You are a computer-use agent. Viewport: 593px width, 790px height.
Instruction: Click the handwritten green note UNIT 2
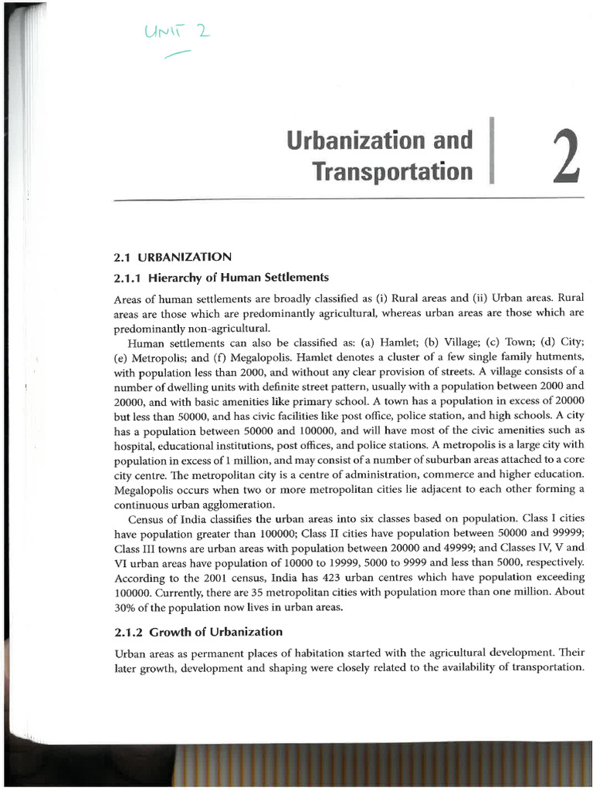tap(174, 32)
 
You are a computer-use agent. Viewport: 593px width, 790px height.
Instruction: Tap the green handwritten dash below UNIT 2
tap(176, 52)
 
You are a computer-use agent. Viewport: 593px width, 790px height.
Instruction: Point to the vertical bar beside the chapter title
tap(490, 150)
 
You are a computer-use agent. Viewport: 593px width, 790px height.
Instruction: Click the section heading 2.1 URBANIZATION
tap(172, 256)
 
